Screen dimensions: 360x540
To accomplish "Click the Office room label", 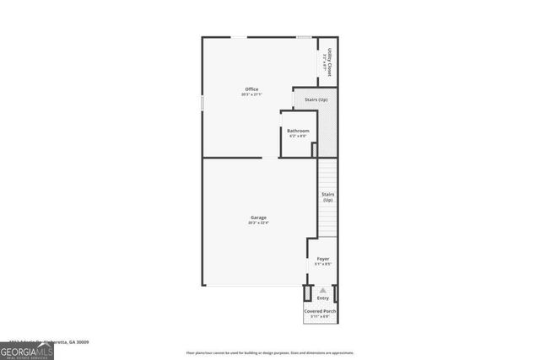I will pos(251,89).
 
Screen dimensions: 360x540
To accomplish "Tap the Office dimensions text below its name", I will pos(251,94).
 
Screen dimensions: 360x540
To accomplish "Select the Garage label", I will pos(258,218).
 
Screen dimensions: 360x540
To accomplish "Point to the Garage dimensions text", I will pos(258,223).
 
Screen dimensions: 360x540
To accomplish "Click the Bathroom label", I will pos(298,131).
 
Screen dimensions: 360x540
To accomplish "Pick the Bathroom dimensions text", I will pos(298,136).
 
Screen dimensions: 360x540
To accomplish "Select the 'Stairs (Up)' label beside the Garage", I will pos(327,197).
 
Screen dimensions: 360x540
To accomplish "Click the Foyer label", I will pos(322,259).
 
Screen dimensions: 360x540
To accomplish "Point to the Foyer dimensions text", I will pos(322,264).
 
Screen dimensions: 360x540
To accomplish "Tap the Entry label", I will pos(322,298).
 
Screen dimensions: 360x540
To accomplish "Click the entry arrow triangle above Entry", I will pos(322,290).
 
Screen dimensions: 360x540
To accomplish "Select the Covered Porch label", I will pos(321,311).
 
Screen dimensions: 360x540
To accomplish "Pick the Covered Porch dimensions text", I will pos(321,316).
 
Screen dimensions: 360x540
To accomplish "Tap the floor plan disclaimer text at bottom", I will pos(270,352).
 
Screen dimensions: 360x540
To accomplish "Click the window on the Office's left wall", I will pos(202,101).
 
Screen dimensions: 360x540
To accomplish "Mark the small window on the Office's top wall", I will pos(303,36).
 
